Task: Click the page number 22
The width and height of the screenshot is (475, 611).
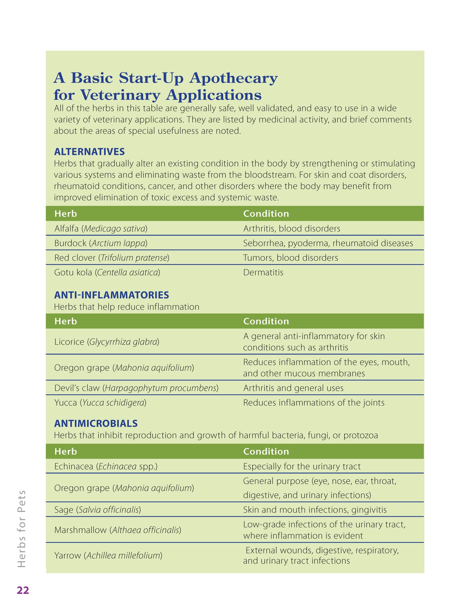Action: (23, 590)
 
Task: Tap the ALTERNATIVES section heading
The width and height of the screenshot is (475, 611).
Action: (89, 152)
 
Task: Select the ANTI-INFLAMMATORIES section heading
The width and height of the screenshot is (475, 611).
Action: (111, 295)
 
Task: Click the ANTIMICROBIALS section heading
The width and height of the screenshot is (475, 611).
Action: (96, 423)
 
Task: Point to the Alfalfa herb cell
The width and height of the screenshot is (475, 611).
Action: (101, 229)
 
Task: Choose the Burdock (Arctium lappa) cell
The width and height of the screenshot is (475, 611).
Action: (101, 243)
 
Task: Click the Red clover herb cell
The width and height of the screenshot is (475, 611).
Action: (112, 257)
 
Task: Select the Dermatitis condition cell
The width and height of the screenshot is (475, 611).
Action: (263, 272)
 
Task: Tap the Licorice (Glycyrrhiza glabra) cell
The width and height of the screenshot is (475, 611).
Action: (107, 342)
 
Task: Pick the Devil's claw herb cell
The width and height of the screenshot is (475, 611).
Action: (136, 388)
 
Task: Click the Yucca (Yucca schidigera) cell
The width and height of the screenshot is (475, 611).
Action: (100, 403)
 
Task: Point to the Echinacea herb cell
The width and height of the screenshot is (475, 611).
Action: (106, 466)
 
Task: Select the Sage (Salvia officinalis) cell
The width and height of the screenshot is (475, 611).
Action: (98, 510)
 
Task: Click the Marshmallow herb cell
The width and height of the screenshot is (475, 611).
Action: (118, 530)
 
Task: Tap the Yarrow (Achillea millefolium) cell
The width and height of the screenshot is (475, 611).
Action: (108, 555)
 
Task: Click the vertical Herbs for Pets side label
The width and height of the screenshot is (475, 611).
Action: (22, 528)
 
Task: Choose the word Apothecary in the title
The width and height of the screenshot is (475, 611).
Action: (233, 78)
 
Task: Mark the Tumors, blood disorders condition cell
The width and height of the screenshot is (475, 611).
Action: (291, 257)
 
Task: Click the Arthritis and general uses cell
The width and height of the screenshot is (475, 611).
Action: (293, 388)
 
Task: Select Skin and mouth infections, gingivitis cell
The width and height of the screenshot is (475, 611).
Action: (315, 510)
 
